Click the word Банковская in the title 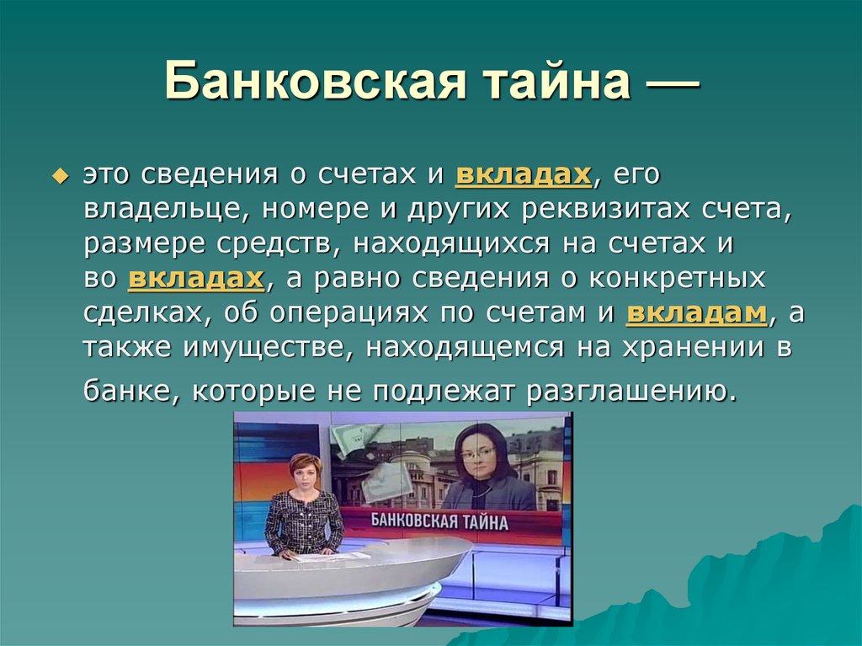point(316,80)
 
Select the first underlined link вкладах point(523,174)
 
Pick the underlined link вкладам point(696,312)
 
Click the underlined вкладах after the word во point(195,278)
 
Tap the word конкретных point(678,278)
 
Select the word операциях point(348,313)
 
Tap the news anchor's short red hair point(305,465)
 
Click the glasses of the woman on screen point(478,455)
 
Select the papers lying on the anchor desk point(329,556)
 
